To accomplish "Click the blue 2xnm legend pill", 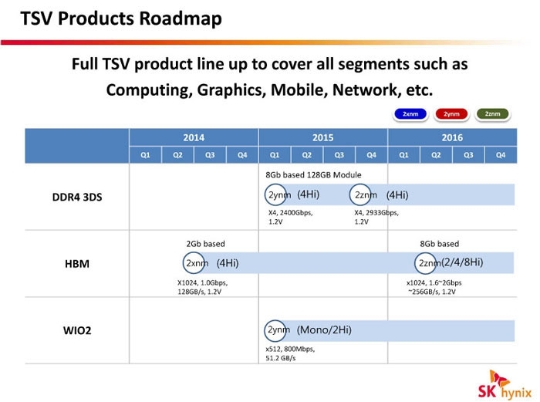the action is pos(410,114).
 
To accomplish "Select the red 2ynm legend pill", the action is pos(451,114).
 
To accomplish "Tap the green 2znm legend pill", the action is pos(492,114).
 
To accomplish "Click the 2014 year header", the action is pos(194,137).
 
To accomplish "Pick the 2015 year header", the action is pos(323,137).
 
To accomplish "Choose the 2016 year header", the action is pos(452,137).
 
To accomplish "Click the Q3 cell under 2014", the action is pos(210,155).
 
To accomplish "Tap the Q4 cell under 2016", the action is pos(501,155).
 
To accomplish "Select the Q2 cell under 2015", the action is pos(307,155).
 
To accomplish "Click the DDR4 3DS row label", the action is pos(77,197).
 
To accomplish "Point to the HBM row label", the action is pos(77,264).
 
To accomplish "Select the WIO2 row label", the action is pos(77,331).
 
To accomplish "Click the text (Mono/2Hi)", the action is pos(324,330).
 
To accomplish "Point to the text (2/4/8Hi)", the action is pos(462,262).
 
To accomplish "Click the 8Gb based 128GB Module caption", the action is pos(313,175).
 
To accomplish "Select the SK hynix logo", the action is pos(505,386).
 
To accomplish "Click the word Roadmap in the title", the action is pos(181,19).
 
